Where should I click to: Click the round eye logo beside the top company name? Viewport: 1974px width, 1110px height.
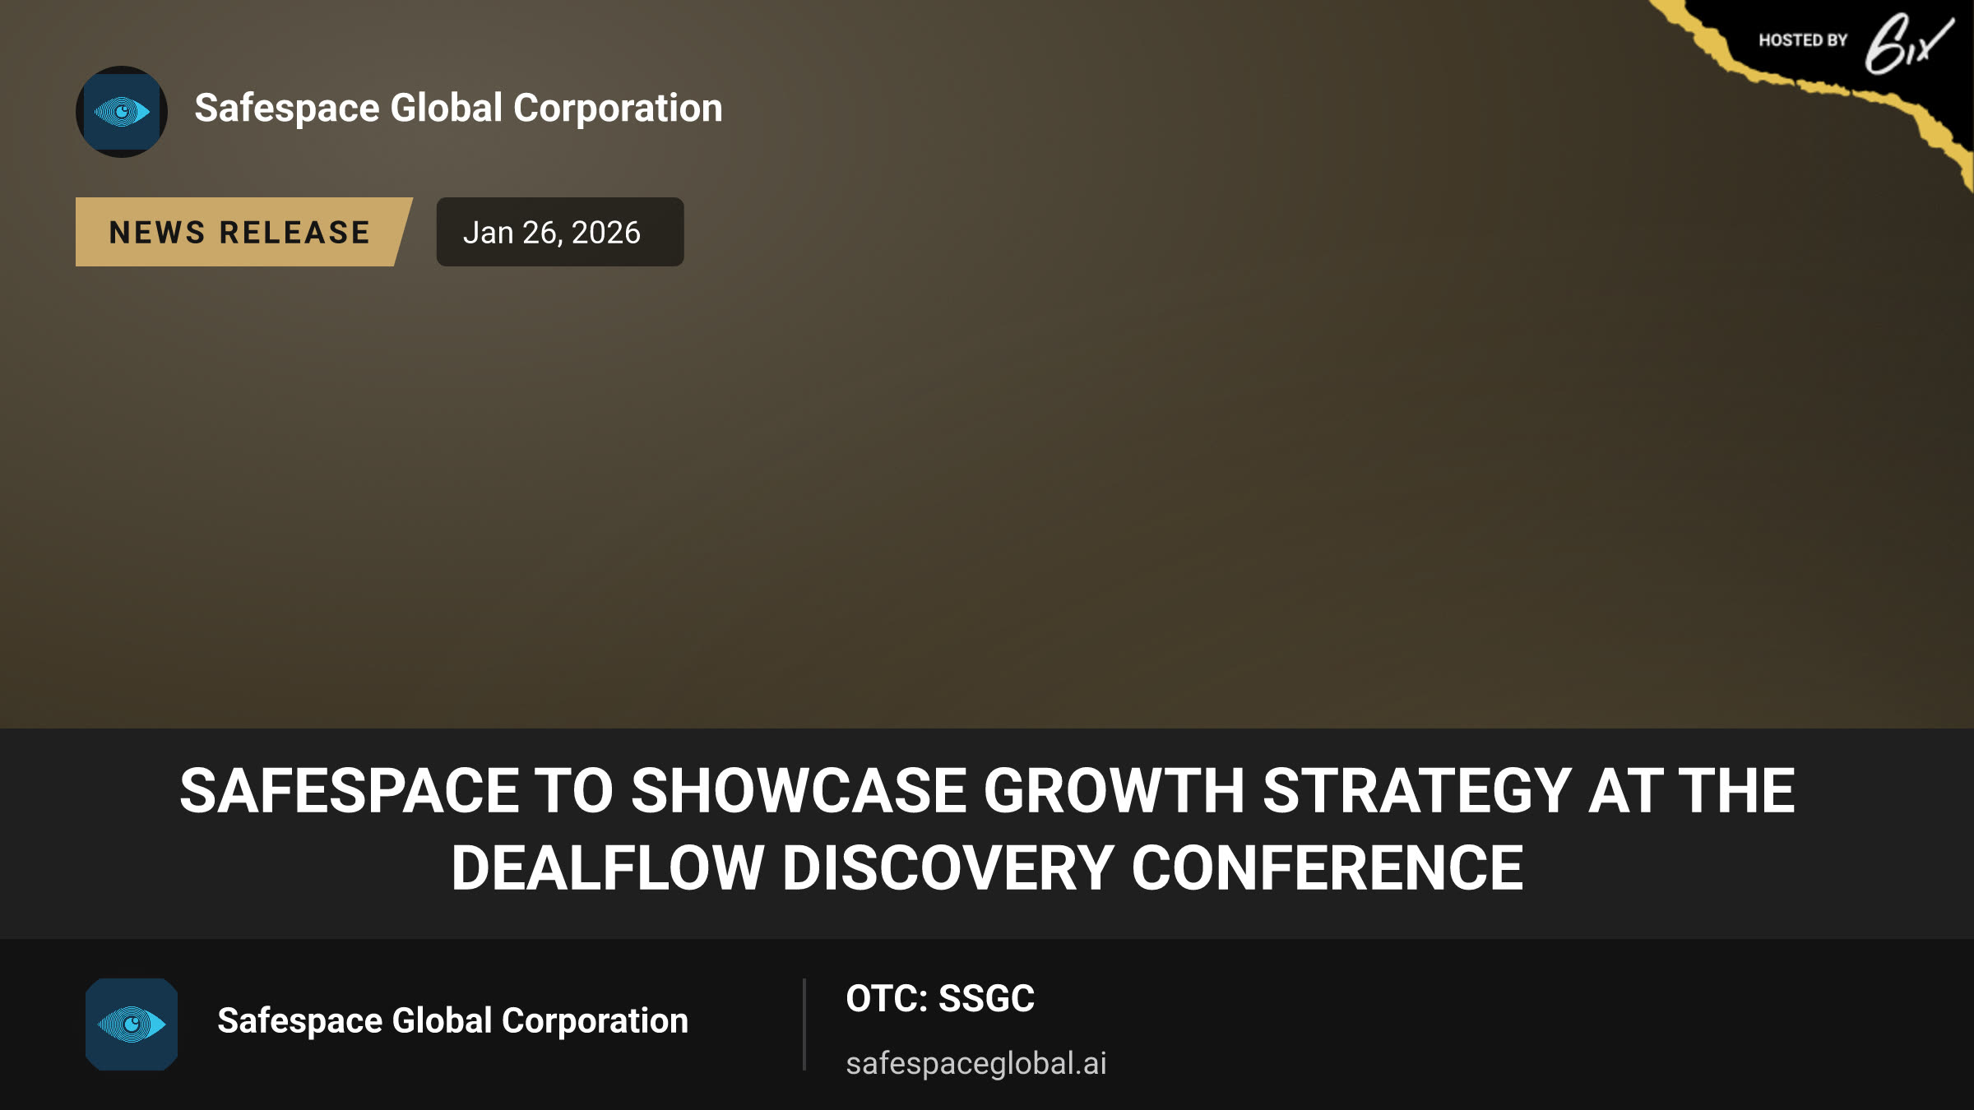coord(122,112)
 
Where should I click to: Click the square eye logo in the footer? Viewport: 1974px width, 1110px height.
coord(132,1024)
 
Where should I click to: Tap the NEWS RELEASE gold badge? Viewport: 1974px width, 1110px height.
coord(243,232)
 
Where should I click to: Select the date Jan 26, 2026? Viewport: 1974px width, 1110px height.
coord(552,233)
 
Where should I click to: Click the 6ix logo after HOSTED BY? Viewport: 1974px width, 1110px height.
coord(1908,44)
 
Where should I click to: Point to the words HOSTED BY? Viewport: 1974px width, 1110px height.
coord(1803,40)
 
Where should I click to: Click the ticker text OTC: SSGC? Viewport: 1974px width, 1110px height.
coord(940,999)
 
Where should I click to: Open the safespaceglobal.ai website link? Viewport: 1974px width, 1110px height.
coord(976,1063)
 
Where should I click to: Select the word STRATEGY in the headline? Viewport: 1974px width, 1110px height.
coord(1417,791)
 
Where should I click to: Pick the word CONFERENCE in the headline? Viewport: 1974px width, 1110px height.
coord(1328,868)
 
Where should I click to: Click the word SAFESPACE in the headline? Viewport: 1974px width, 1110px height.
coord(350,791)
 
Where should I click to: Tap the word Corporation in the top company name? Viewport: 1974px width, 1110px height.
coord(618,109)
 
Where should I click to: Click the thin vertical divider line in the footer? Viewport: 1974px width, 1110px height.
coord(804,1024)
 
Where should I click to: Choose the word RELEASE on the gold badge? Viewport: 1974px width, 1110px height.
coord(294,233)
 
